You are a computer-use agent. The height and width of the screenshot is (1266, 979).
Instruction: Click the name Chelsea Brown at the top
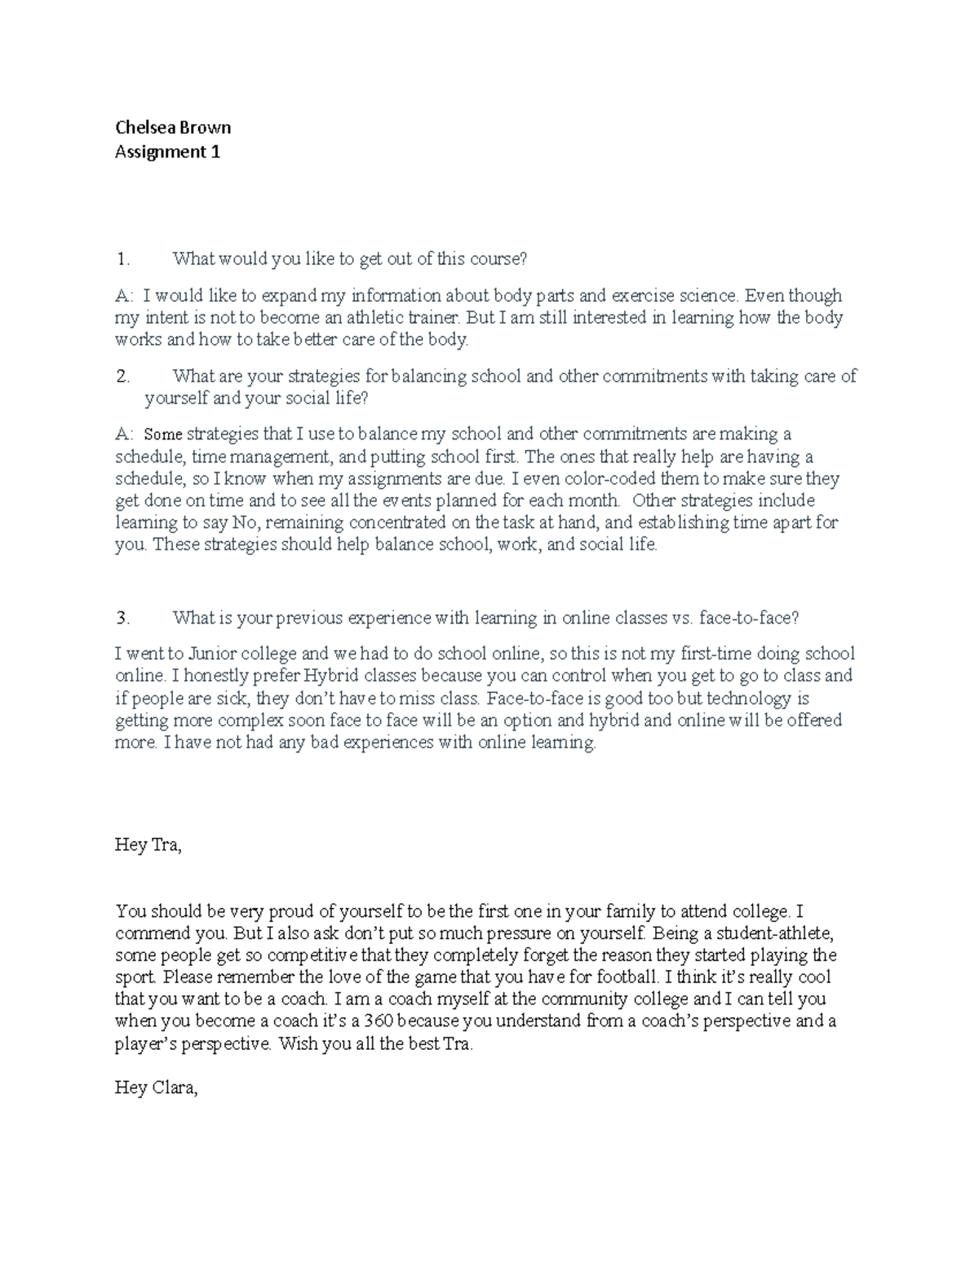pos(173,127)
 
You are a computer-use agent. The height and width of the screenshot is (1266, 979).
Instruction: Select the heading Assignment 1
pos(167,152)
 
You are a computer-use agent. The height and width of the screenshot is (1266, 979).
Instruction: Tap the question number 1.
pos(122,259)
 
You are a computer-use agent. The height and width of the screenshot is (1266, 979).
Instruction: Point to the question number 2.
pos(122,376)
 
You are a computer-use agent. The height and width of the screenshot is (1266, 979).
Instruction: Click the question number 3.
pos(122,618)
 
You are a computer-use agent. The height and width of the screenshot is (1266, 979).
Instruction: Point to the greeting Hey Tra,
pos(148,845)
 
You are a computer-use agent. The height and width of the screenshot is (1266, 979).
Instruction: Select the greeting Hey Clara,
pos(157,1087)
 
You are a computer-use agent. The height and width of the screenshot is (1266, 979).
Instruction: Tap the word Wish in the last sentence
pos(298,1043)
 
